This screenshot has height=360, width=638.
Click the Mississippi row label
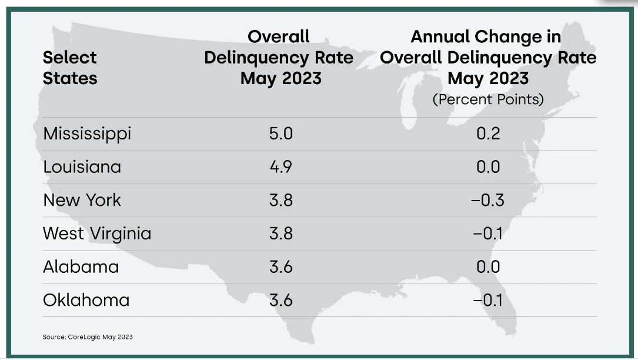point(87,134)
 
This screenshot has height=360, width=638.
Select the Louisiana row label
point(82,167)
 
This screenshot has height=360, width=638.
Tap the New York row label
point(82,200)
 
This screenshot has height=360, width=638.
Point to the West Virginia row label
point(97,234)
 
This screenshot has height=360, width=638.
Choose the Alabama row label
point(81,267)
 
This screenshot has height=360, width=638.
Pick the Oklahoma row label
point(86,300)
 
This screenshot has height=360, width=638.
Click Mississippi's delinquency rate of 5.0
point(280,134)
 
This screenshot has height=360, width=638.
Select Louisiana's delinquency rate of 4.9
point(280,167)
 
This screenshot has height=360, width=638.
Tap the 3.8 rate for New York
point(280,200)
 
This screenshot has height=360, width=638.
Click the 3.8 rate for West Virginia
point(280,234)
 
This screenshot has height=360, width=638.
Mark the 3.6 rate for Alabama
point(280,267)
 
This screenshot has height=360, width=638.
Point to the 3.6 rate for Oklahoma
point(280,300)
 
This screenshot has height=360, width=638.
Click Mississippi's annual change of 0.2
point(488,134)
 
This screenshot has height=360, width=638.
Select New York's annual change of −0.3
point(487,200)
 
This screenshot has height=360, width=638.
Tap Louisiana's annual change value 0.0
point(488,167)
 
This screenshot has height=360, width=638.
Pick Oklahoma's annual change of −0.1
point(487,300)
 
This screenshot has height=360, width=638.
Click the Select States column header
point(70,68)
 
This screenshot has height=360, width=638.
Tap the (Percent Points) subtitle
point(488,99)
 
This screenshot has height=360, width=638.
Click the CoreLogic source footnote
point(88,337)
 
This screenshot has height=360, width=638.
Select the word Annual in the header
point(439,36)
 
